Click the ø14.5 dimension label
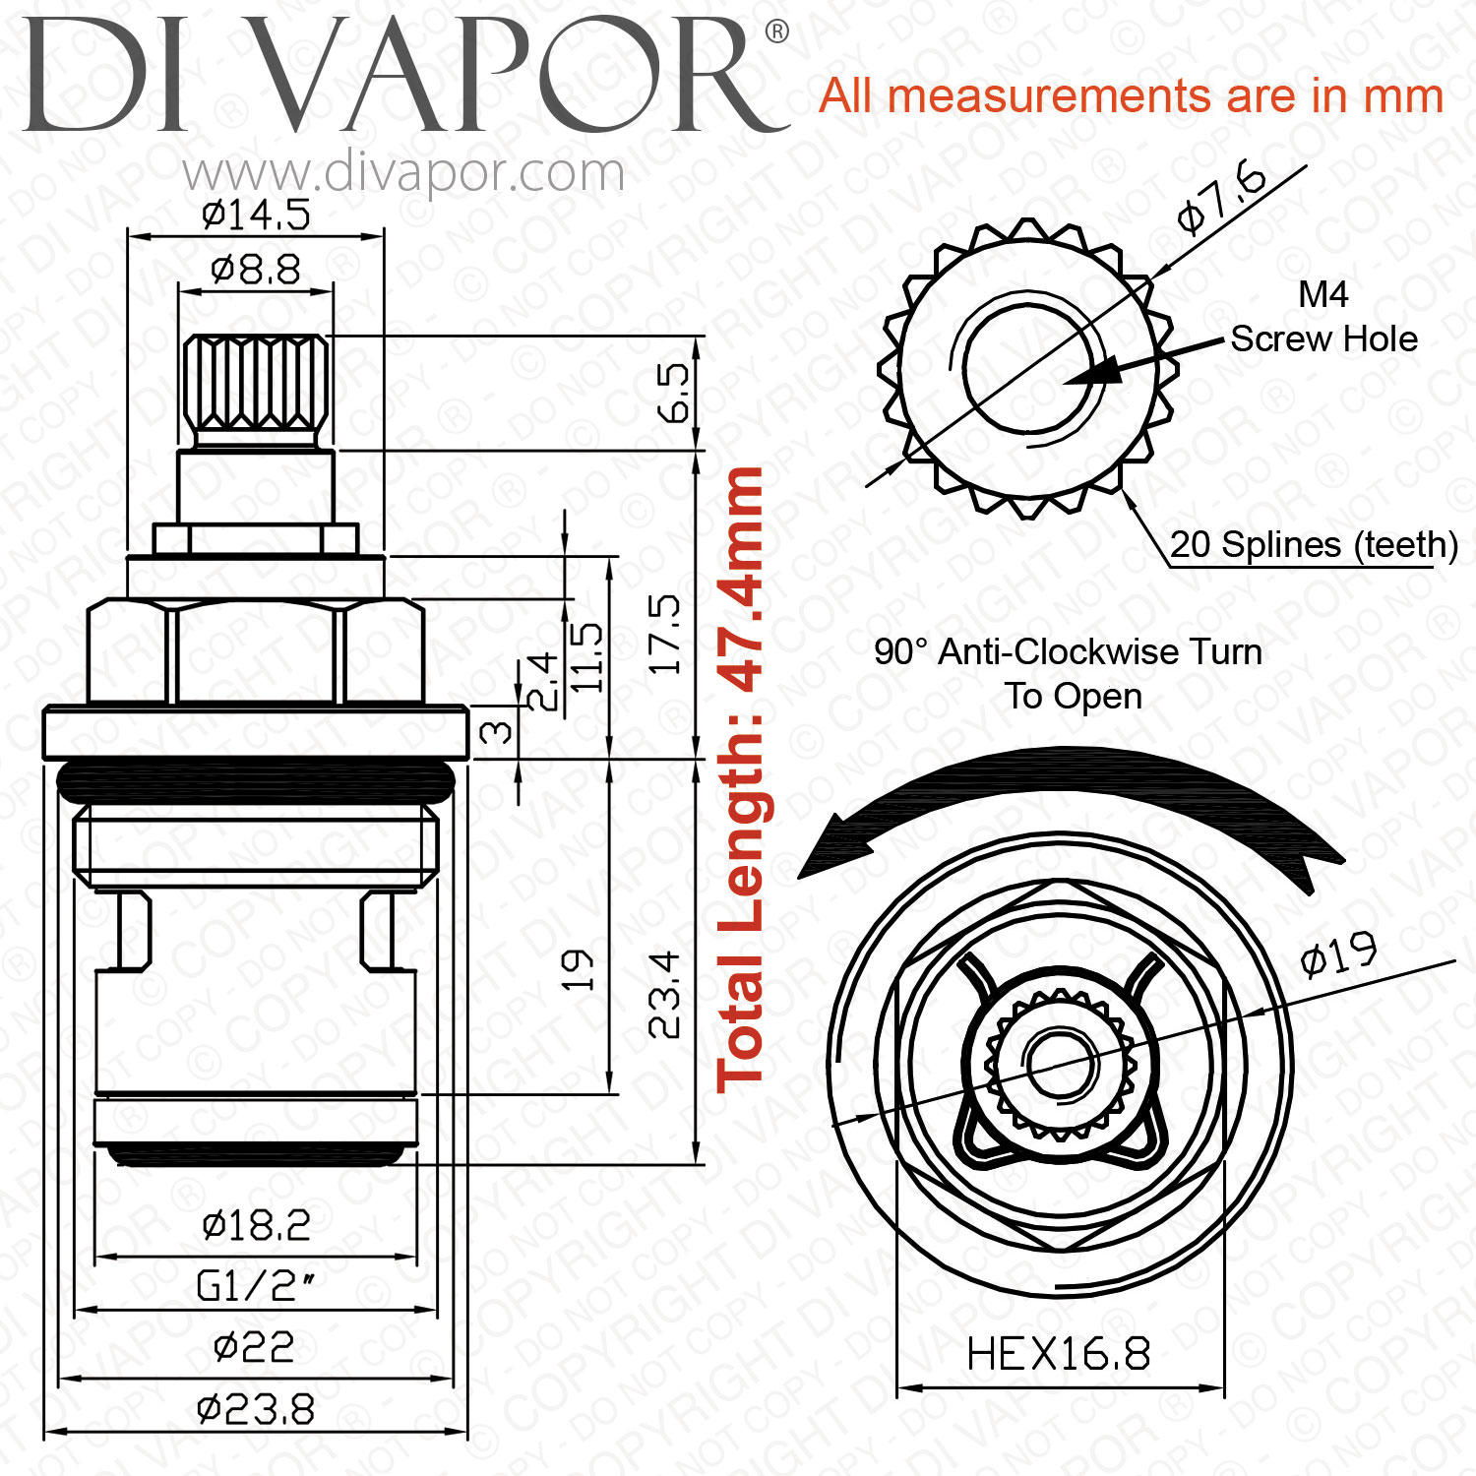coord(256,214)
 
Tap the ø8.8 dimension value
coord(256,269)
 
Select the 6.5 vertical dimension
coord(675,393)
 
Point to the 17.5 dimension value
coord(666,634)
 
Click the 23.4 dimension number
coord(666,994)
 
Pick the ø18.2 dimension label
coord(256,1225)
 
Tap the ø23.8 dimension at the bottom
coord(256,1410)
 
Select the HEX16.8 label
coord(1059,1354)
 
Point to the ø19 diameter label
coord(1338,953)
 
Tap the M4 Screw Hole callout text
coord(1324,317)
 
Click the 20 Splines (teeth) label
coord(1314,544)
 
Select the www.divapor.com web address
coord(403,173)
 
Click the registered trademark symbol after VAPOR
coord(776,32)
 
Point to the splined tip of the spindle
coord(256,391)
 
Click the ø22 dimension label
coord(254,1347)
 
